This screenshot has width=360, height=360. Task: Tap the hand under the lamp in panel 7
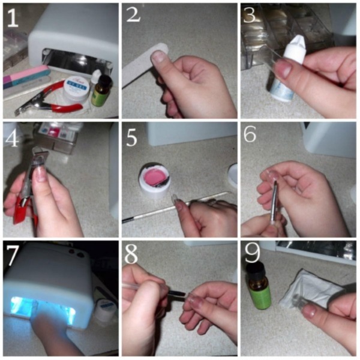(x=51, y=327)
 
